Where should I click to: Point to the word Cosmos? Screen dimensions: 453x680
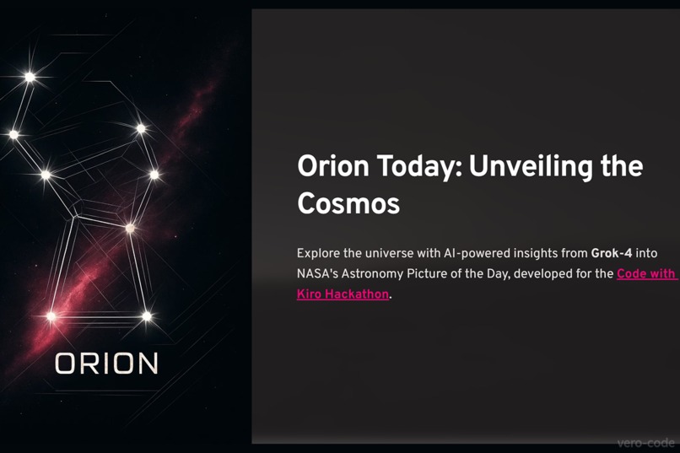(348, 204)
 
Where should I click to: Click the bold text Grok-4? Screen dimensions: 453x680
(612, 253)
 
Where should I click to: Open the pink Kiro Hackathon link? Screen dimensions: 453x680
(343, 294)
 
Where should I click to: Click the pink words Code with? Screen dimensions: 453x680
(646, 274)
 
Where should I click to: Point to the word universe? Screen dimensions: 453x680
(388, 253)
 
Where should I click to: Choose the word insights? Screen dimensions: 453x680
(540, 253)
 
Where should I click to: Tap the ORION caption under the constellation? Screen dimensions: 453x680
(107, 364)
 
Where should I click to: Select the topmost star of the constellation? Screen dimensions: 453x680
(30, 77)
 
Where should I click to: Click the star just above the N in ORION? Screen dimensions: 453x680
(147, 317)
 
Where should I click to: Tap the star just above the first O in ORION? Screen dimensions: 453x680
(51, 317)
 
